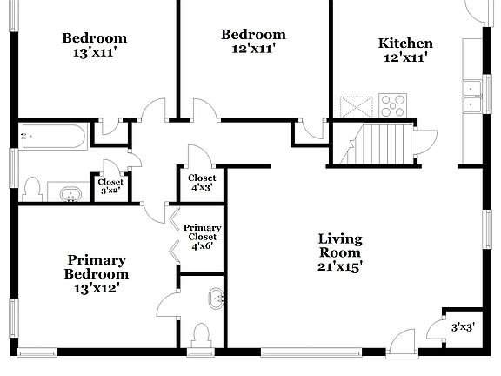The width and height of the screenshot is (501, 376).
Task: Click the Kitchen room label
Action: [x=404, y=43]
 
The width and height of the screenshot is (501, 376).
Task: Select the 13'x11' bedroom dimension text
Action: [x=94, y=52]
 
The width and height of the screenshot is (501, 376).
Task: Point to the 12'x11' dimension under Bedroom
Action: [x=252, y=50]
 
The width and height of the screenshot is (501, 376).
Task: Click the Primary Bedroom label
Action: [x=97, y=266]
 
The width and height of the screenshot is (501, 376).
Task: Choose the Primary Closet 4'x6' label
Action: [x=202, y=236]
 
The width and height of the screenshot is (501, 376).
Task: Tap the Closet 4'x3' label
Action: [x=202, y=182]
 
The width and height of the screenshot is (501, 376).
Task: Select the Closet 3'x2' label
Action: [x=110, y=185]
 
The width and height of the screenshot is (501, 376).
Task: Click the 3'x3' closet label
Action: [x=463, y=327]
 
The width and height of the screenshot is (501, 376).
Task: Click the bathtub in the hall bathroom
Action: [x=53, y=135]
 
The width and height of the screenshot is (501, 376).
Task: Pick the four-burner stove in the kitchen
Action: [x=393, y=105]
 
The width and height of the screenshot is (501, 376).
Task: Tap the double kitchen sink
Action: [x=473, y=96]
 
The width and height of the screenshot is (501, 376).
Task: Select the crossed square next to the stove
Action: [x=357, y=106]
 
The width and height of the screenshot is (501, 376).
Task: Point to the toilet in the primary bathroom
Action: [x=201, y=334]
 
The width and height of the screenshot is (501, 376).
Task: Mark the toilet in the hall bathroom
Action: [x=33, y=189]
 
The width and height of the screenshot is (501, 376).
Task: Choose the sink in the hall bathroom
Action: [x=68, y=193]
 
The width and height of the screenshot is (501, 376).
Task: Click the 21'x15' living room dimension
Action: [x=339, y=266]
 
